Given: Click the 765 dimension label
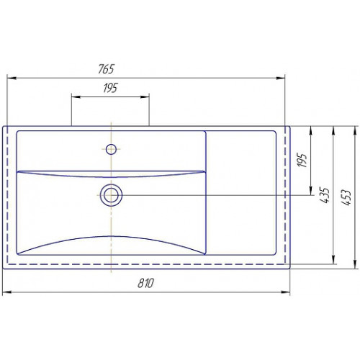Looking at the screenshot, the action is pyautogui.click(x=106, y=69).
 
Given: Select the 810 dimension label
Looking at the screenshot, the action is pyautogui.click(x=145, y=283).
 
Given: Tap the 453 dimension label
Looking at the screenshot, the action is pyautogui.click(x=346, y=197).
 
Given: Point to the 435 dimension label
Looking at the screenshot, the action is pyautogui.click(x=324, y=195).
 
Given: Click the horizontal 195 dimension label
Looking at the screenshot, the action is pyautogui.click(x=110, y=88).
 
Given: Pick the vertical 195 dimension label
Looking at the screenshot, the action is pyautogui.click(x=302, y=160).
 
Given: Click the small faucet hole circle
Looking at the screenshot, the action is pyautogui.click(x=111, y=149).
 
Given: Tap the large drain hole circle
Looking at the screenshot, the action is pyautogui.click(x=111, y=195).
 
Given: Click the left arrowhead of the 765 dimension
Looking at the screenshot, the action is pyautogui.click(x=12, y=78).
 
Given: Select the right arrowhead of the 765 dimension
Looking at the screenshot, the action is pyautogui.click(x=280, y=78).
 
